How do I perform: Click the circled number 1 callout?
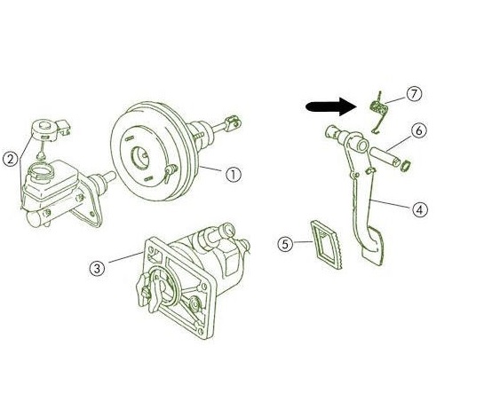click(234, 175)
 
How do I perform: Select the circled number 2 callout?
click(11, 160)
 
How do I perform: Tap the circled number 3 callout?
click(97, 268)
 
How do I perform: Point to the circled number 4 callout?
click(420, 209)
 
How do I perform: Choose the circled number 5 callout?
click(285, 244)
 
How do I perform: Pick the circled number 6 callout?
click(419, 130)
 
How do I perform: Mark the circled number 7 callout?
click(414, 93)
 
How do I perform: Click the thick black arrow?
click(331, 106)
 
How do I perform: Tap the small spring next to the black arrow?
click(378, 112)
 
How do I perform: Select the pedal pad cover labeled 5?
click(327, 244)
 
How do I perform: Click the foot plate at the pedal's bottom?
click(372, 246)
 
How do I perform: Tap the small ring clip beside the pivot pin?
click(406, 165)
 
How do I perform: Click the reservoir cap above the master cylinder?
click(45, 130)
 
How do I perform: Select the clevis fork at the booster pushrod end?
click(233, 122)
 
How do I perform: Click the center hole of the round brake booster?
click(141, 157)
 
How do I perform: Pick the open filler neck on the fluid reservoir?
click(41, 172)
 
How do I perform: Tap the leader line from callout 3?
click(126, 257)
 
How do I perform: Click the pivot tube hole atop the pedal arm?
click(362, 145)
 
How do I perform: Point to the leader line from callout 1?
click(210, 169)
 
